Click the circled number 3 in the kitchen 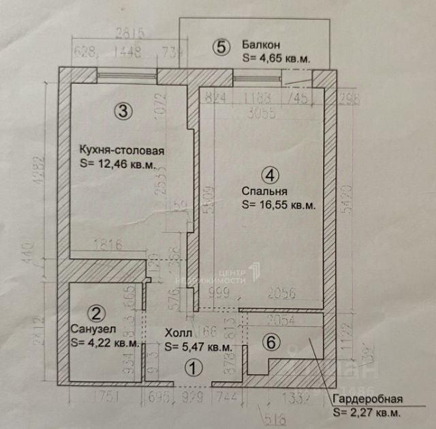tap(122, 112)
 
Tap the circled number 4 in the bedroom tap(271, 175)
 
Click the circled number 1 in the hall tap(194, 368)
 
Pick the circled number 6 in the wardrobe tap(271, 344)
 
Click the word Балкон tap(258, 46)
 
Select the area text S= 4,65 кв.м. tap(275, 59)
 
